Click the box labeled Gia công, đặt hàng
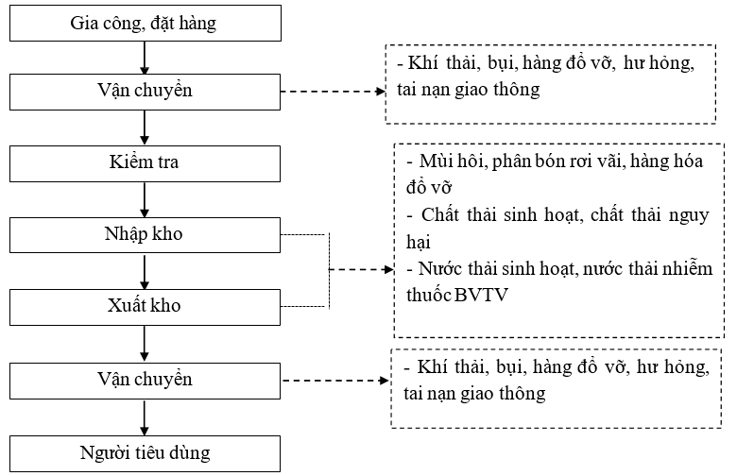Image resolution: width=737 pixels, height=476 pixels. tap(144, 22)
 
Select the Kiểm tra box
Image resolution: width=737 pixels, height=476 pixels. tap(144, 162)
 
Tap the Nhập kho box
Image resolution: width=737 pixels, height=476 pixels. tap(144, 234)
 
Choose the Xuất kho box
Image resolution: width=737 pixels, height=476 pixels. tap(144, 306)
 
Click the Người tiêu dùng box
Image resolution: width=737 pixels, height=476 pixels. tap(144, 452)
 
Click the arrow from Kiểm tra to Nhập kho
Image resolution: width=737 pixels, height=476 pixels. tap(144, 198)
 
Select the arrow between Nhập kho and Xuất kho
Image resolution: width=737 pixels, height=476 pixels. tap(144, 270)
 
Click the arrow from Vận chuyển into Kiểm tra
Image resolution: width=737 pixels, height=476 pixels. tap(144, 127)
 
